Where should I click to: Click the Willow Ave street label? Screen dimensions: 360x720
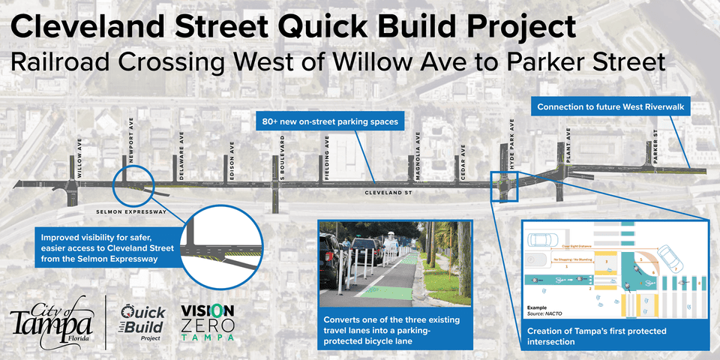coord(78,158)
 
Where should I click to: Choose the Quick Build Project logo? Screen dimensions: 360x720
coord(138,322)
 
